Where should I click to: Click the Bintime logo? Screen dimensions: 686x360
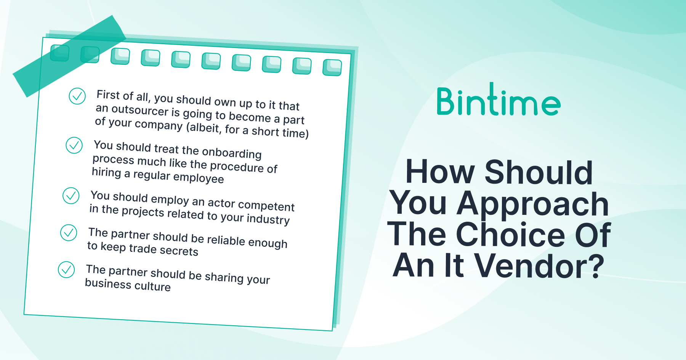click(x=498, y=99)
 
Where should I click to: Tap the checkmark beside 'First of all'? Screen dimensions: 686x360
click(x=77, y=96)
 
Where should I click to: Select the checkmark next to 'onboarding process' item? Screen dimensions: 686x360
click(x=74, y=145)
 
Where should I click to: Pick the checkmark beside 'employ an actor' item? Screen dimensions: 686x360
click(x=71, y=196)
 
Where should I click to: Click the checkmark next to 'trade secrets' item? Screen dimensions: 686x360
click(x=69, y=233)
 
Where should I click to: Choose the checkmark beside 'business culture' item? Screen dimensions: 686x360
click(x=66, y=270)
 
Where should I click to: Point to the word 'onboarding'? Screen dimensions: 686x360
click(x=232, y=153)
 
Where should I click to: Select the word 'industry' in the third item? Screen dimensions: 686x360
click(x=268, y=219)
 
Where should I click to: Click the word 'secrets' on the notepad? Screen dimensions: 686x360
click(x=179, y=250)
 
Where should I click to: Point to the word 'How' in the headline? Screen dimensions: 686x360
click(x=440, y=172)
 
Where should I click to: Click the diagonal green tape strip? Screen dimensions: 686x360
click(x=69, y=56)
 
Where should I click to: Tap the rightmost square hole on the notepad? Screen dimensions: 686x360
click(x=332, y=67)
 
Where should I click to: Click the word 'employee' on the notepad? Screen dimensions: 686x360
click(x=199, y=178)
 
